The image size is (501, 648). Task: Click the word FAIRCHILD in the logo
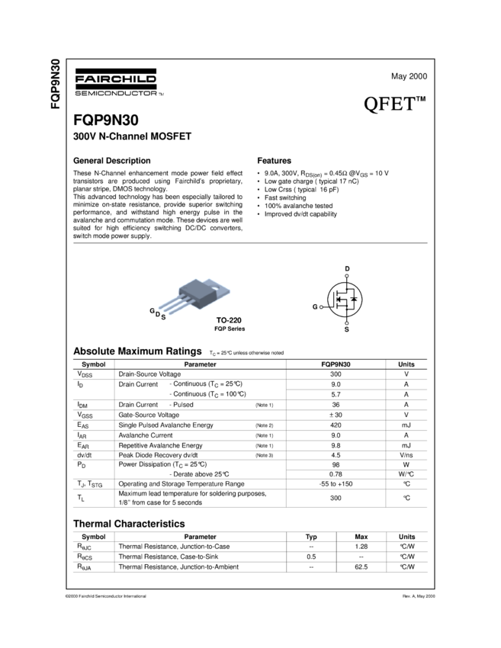coord(115,78)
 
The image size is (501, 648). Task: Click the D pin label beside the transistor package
coord(158,313)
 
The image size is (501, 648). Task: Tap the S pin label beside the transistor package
coord(163,316)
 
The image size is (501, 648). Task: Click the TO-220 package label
coord(227,320)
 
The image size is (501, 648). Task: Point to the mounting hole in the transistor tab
coord(223,288)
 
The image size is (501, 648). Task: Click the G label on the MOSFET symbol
coord(315,306)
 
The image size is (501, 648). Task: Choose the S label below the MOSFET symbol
coord(347,329)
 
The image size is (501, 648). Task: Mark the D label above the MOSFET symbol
coord(347,270)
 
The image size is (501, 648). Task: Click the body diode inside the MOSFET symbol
coord(354,299)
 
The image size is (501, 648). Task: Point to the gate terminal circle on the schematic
coord(322,306)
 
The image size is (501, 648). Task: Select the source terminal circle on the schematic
coord(347,322)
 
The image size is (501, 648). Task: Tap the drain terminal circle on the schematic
coord(347,276)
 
